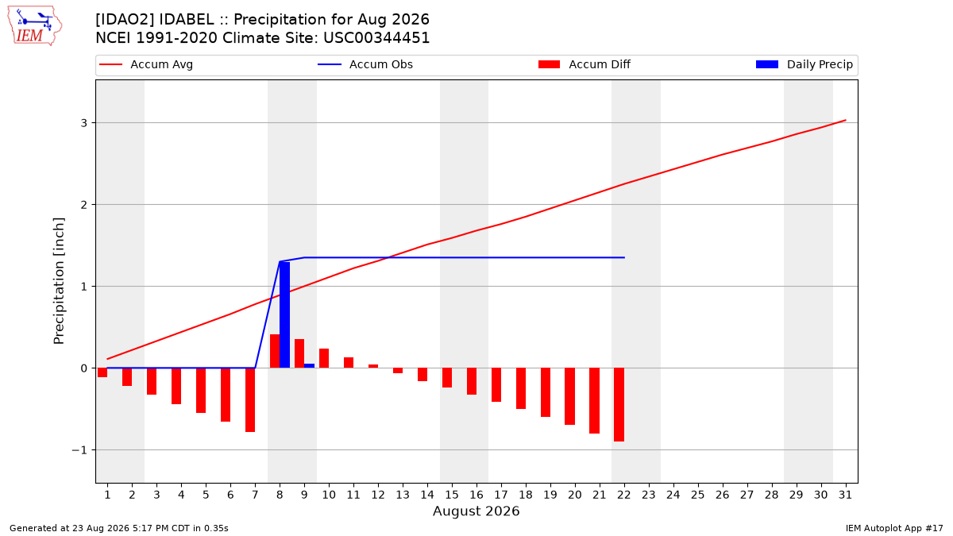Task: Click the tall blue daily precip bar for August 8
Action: [284, 314]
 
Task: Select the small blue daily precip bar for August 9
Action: [309, 366]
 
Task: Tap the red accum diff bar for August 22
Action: [619, 404]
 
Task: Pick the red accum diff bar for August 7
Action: [250, 400]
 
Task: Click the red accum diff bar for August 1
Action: [102, 372]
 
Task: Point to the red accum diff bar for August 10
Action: [324, 358]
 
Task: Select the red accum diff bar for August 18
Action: [521, 388]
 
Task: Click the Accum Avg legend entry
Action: [146, 64]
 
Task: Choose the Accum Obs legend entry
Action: [365, 64]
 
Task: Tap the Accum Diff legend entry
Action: [585, 64]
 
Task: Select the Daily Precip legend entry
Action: [804, 64]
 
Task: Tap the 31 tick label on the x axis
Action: [845, 495]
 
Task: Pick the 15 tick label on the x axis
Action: [452, 495]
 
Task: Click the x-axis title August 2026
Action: [476, 511]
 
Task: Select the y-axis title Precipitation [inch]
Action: [59, 281]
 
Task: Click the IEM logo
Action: [35, 26]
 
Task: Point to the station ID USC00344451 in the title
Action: [376, 38]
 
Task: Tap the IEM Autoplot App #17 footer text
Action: [894, 528]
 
